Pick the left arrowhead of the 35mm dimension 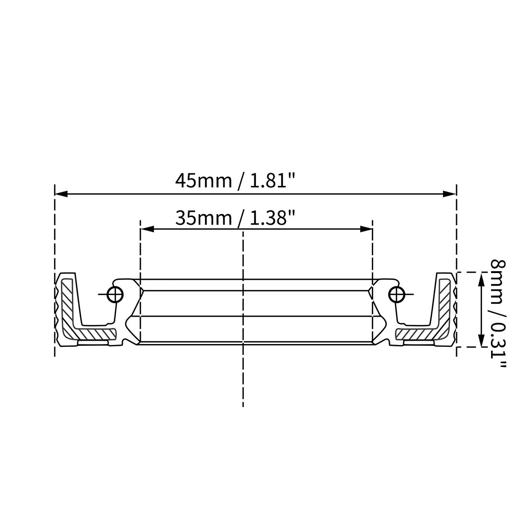146,229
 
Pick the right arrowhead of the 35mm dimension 367,229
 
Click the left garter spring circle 115,294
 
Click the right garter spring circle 396,294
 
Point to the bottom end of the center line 243,406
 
